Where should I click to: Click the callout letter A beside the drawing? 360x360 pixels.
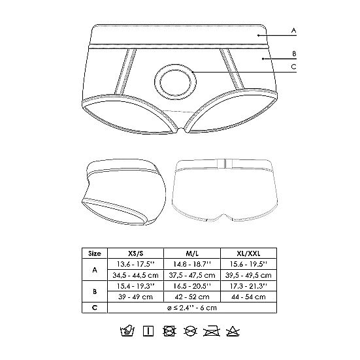(x=294, y=30)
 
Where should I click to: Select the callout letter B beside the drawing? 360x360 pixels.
(x=294, y=54)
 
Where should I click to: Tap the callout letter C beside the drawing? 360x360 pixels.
(x=294, y=67)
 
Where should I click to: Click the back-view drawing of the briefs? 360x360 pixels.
(x=223, y=192)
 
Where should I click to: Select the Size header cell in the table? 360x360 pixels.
(x=95, y=253)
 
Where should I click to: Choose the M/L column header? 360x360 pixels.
(x=193, y=253)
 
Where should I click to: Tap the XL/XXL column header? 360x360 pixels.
(x=249, y=253)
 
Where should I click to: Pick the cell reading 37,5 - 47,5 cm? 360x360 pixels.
(x=193, y=274)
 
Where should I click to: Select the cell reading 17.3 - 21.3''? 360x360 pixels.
(x=249, y=286)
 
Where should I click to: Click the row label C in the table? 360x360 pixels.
(x=95, y=307)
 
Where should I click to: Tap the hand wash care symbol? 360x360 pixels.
(x=127, y=331)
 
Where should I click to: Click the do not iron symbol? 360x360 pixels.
(x=210, y=331)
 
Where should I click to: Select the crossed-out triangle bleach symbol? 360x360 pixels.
(x=231, y=331)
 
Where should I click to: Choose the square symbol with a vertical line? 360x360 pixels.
(x=148, y=331)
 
